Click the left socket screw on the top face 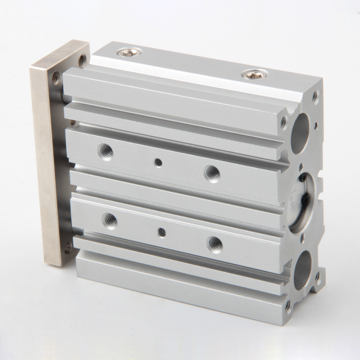(x=129, y=52)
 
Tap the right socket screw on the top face (x=255, y=75)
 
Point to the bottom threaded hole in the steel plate (x=68, y=248)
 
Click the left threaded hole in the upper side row (x=106, y=151)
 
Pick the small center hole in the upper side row (x=158, y=163)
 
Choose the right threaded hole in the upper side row (x=212, y=173)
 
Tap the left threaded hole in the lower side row (x=110, y=220)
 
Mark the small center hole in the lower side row (x=162, y=232)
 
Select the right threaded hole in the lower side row (x=215, y=244)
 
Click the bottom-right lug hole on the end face (x=318, y=278)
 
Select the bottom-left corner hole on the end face (x=288, y=307)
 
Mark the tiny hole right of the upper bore (x=316, y=126)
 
